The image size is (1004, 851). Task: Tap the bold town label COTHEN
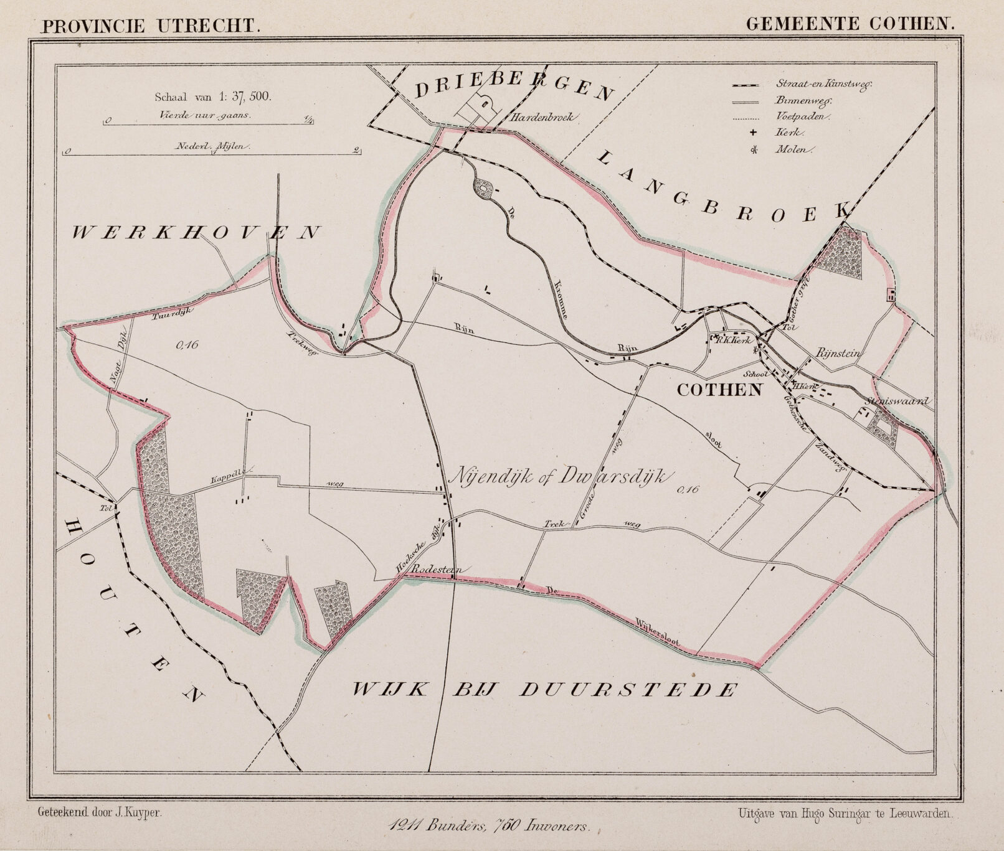719,390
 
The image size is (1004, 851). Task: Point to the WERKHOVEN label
196,233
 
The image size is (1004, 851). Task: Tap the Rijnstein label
838,353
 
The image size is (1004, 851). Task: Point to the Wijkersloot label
657,632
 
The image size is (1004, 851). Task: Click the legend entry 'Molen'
794,149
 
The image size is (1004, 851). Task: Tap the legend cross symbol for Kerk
753,133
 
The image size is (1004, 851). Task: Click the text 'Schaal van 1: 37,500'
212,96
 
